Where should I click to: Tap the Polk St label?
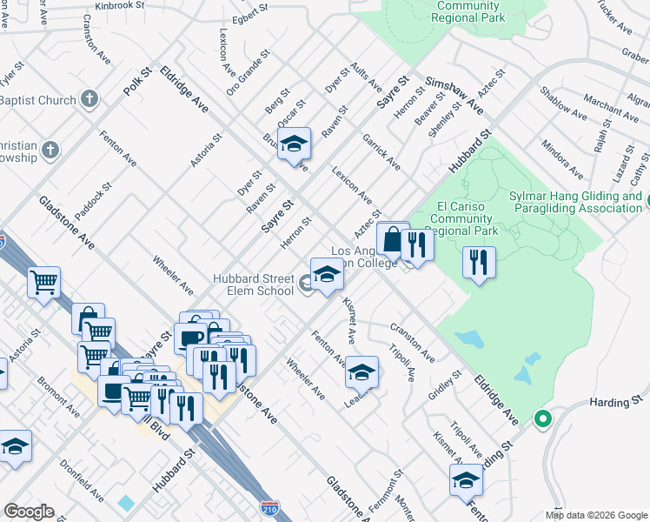(x=136, y=78)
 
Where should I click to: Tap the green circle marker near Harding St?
(x=543, y=419)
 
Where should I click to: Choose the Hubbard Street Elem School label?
(x=254, y=284)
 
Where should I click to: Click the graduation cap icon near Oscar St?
(x=295, y=143)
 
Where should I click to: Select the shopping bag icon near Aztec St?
(x=393, y=238)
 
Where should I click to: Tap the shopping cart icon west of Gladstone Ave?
(x=43, y=281)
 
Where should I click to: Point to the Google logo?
(x=29, y=512)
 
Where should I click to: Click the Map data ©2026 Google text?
(x=596, y=515)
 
